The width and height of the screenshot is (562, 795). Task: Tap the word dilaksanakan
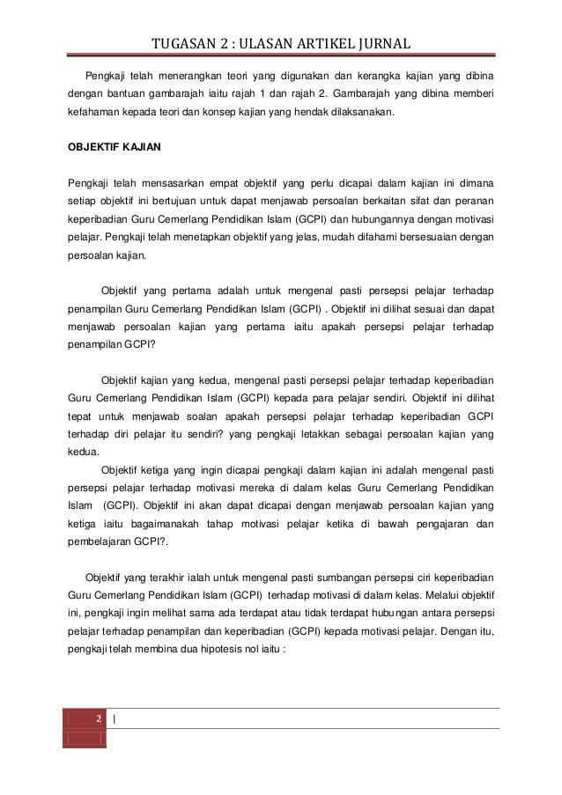(x=359, y=114)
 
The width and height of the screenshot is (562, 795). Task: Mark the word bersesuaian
(x=430, y=239)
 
